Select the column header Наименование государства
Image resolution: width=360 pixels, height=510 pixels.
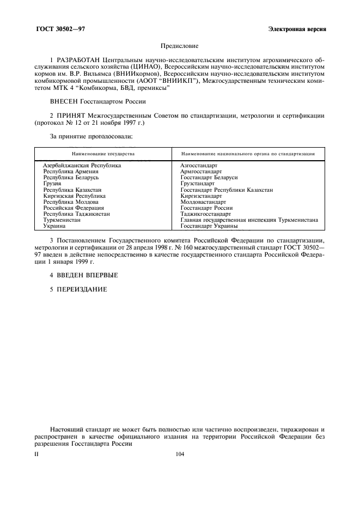pos(103,154)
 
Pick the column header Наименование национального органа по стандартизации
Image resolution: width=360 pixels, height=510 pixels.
pos(248,154)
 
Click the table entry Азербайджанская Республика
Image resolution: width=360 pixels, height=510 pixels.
pos(82,165)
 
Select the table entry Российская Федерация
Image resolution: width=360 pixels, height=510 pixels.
pos(74,208)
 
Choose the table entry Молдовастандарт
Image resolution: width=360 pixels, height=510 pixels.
pos(203,202)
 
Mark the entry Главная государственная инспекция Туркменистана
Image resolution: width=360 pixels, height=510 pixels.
pos(249,220)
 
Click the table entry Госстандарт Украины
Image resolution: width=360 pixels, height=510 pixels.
pos(209,226)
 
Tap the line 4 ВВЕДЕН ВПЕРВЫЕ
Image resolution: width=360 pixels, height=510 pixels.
pos(83,275)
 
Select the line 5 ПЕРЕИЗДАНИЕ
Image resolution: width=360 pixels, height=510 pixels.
pos(78,289)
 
